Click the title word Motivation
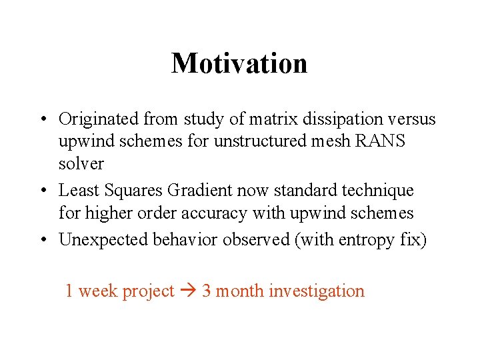239,63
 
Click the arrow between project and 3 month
188,291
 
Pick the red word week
97,291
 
